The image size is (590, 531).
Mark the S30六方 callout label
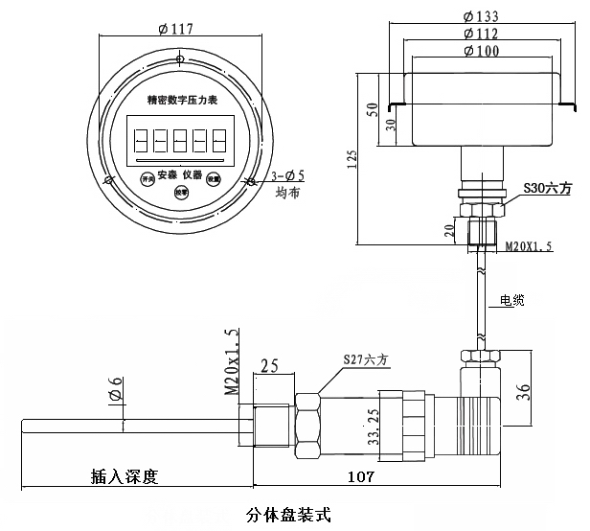[x=545, y=189]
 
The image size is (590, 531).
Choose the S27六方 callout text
[x=367, y=359]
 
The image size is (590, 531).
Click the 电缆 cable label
[x=511, y=301]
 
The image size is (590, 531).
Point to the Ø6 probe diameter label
[x=115, y=392]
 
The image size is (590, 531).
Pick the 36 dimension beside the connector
[x=549, y=391]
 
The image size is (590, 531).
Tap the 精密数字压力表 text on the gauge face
[x=181, y=99]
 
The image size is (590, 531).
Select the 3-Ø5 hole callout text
[x=286, y=175]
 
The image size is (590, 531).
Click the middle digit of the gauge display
[x=181, y=143]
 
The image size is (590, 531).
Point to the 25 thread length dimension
[x=269, y=365]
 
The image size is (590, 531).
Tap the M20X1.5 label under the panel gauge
[x=528, y=246]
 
